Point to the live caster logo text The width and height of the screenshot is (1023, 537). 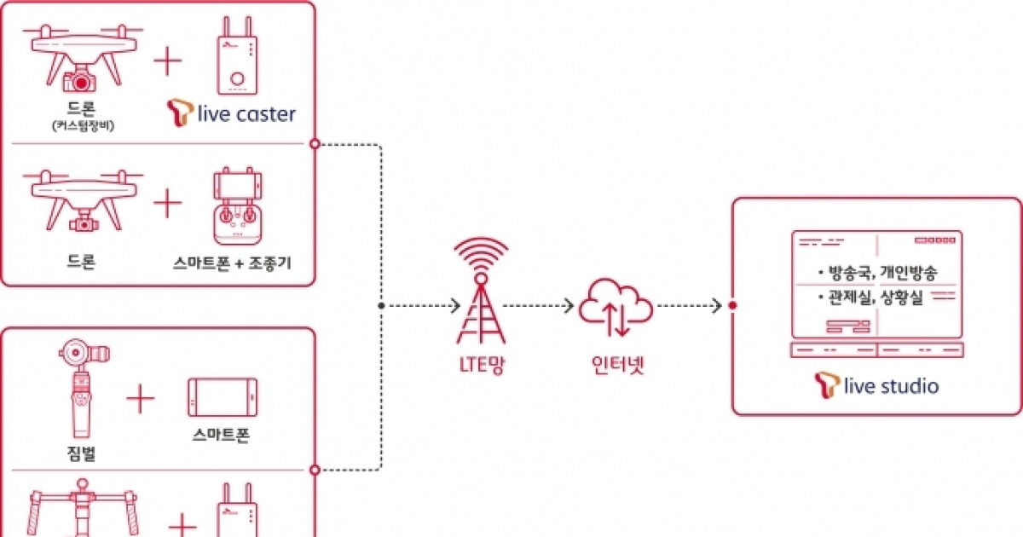(244, 113)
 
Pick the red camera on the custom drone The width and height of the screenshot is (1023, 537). (81, 82)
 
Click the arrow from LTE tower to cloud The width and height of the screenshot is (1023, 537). (538, 305)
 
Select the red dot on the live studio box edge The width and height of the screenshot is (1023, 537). (732, 305)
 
